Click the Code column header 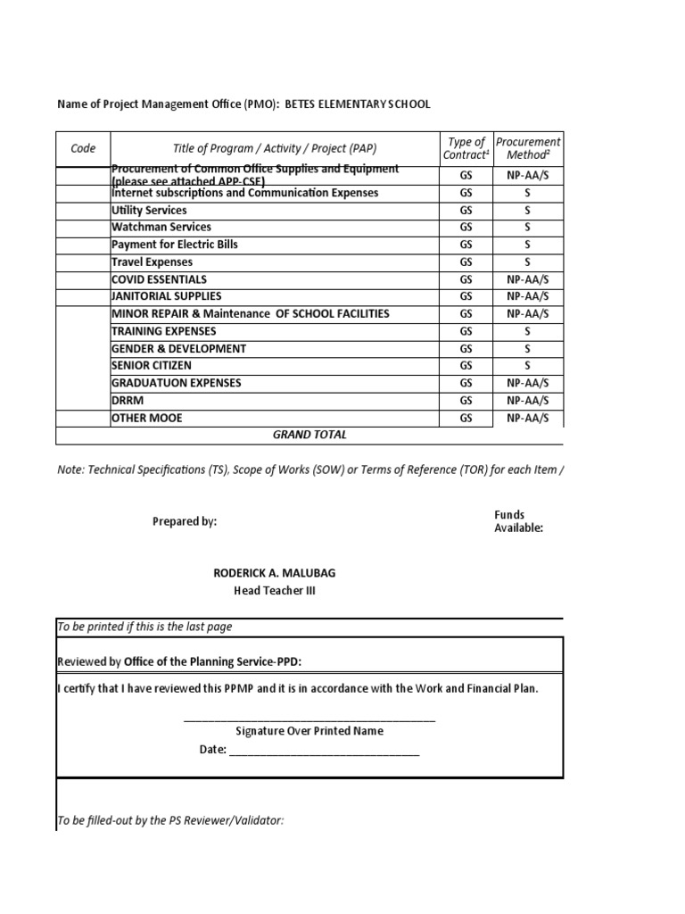pyautogui.click(x=83, y=148)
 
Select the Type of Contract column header pyautogui.click(x=466, y=148)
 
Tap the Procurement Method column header pyautogui.click(x=527, y=148)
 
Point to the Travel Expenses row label pyautogui.click(x=152, y=262)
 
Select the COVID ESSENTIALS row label pyautogui.click(x=160, y=279)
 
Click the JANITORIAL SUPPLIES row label pyautogui.click(x=167, y=296)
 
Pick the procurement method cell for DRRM pyautogui.click(x=527, y=401)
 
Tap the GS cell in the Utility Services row pyautogui.click(x=466, y=211)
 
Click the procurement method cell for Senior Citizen pyautogui.click(x=527, y=366)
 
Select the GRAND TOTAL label pyautogui.click(x=309, y=435)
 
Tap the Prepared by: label pyautogui.click(x=185, y=521)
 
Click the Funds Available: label pyautogui.click(x=518, y=521)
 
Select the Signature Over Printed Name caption pyautogui.click(x=309, y=731)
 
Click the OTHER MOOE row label pyautogui.click(x=147, y=418)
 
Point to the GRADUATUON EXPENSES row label pyautogui.click(x=177, y=383)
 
